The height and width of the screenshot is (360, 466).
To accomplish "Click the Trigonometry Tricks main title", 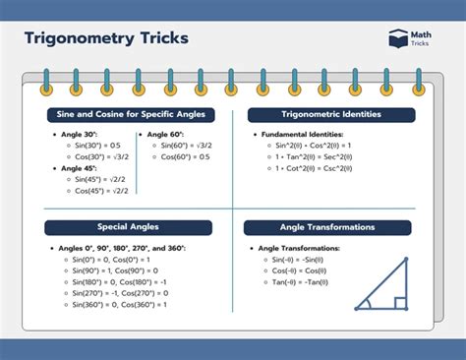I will pos(106,39).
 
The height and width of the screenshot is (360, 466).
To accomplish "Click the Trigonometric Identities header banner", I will pos(331,115).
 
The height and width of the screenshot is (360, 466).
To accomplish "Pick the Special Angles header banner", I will pos(128,228).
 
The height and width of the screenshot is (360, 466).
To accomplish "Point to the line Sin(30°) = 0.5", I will pos(98,144).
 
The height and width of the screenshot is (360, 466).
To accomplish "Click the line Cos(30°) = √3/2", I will pos(102,155).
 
